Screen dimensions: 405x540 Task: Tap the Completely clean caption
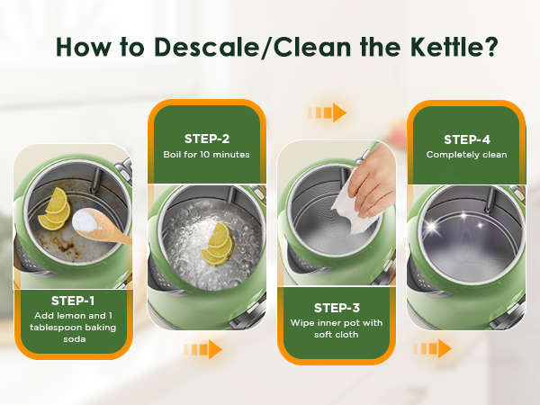pos(466,155)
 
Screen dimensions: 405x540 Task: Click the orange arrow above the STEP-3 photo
pos(328,112)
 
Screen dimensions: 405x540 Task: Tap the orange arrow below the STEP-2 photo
pos(203,348)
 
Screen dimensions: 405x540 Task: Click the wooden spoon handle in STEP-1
pos(119,238)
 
